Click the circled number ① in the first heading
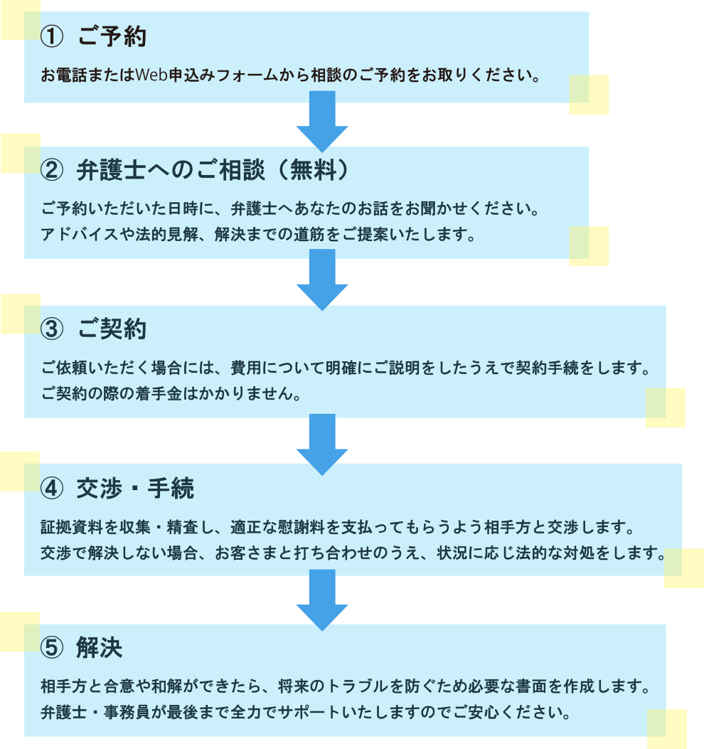pos(52,37)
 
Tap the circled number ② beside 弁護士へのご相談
pos(52,170)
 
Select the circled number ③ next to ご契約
pos(52,329)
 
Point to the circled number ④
pos(52,489)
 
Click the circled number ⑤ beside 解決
pos(52,648)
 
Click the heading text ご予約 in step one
pos(112,36)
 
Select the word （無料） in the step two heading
pos(314,170)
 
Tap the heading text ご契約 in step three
pos(112,329)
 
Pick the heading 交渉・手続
pos(135,488)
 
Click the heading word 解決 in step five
pos(100,648)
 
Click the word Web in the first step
pos(151,75)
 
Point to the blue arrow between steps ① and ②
pos(322,122)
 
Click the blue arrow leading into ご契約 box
pos(322,280)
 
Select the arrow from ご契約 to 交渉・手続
pos(322,445)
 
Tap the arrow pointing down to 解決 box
pos(322,600)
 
